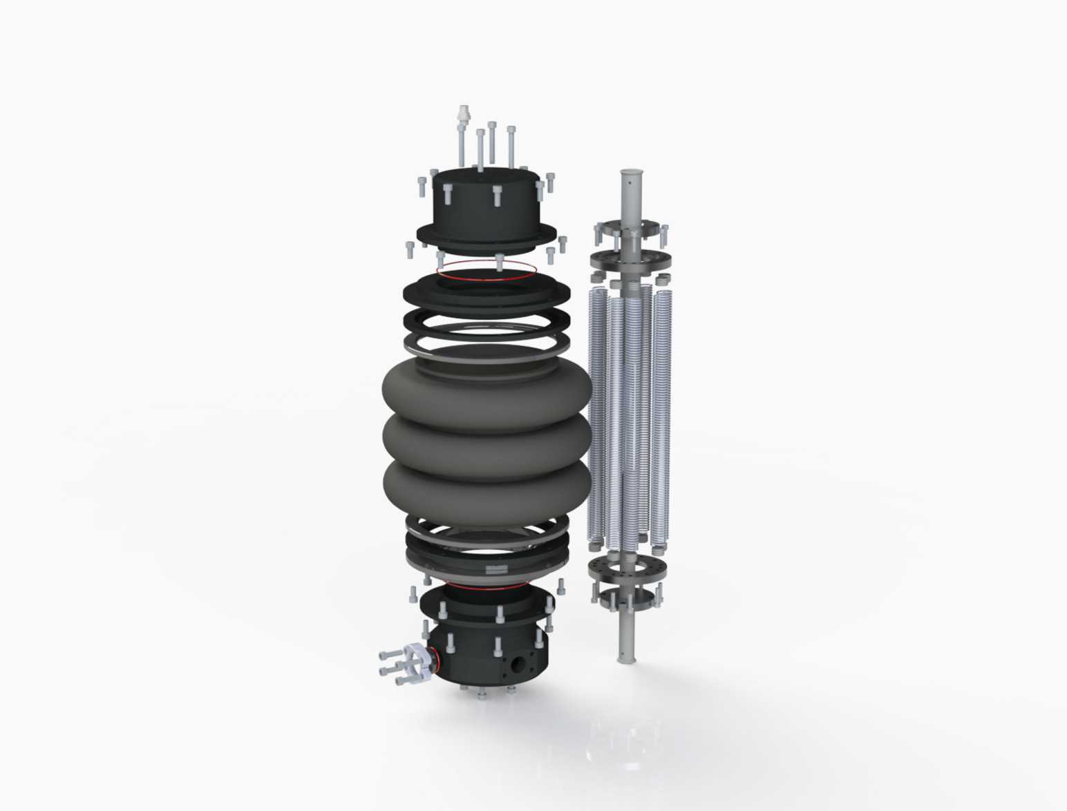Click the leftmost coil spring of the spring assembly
coord(596,414)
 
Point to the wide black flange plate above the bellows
coord(487,291)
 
